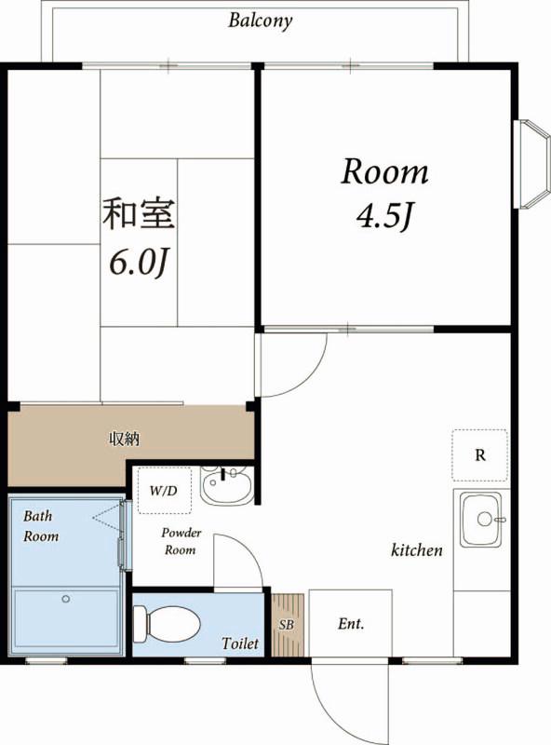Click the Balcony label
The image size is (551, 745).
[260, 20]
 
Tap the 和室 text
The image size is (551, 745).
[140, 214]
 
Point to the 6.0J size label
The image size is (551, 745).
[140, 263]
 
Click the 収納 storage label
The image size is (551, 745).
[125, 439]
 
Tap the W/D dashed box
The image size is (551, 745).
[165, 491]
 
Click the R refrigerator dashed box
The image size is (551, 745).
[479, 455]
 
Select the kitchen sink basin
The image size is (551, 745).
[481, 521]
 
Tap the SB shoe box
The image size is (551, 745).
[288, 625]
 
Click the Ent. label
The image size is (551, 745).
[351, 623]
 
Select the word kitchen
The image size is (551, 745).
[417, 550]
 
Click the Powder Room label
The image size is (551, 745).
[181, 541]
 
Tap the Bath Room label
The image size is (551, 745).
[41, 526]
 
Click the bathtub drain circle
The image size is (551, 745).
[66, 599]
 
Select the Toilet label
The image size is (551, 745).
[240, 643]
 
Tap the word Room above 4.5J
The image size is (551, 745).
[384, 171]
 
